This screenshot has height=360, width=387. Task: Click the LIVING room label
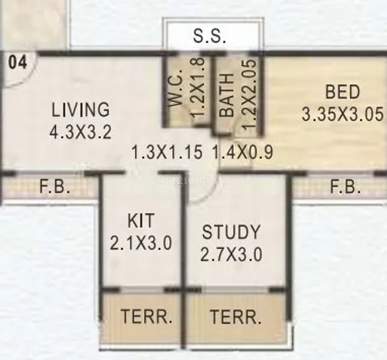point(80,110)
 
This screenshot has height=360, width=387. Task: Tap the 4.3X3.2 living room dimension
point(80,133)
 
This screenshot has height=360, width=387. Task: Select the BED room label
point(343,92)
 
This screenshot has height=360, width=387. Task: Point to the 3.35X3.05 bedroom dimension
point(343,113)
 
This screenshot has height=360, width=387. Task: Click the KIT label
point(141,221)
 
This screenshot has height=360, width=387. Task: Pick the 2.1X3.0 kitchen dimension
point(141,243)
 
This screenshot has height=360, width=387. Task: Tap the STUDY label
point(231,232)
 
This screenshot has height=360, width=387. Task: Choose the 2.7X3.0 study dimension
point(231,254)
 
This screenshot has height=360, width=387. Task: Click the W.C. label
point(176,87)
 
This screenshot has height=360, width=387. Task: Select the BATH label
point(227,95)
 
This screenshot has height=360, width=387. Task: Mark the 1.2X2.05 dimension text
point(249,95)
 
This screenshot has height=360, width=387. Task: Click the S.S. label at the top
point(209,36)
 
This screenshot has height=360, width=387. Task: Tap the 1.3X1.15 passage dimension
point(167,152)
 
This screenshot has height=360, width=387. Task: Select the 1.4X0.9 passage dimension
point(243,152)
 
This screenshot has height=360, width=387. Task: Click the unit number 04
point(18,63)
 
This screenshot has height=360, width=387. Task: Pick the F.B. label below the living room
point(54,186)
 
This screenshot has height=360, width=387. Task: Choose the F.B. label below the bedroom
point(346,186)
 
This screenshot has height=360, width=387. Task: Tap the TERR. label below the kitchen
point(146,316)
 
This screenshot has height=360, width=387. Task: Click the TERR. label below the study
point(235,317)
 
